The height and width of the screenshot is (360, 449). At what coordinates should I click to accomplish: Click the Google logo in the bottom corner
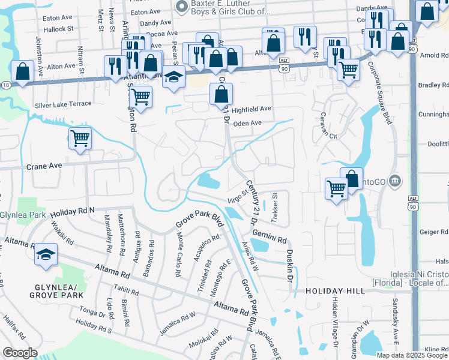[20, 353]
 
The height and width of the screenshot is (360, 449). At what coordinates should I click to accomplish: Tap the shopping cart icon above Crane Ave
[80, 139]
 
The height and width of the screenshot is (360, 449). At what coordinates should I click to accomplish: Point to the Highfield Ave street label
[252, 110]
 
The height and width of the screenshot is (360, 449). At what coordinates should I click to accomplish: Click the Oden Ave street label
[247, 123]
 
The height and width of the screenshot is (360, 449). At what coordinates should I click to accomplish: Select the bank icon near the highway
[394, 180]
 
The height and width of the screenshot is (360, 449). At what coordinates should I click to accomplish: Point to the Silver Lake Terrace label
[63, 104]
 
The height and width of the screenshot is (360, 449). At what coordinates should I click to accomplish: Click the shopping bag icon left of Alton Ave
[22, 71]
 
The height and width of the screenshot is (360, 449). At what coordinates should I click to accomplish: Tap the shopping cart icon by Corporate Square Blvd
[348, 70]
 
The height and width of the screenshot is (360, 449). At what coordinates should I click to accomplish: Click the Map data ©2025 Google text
[412, 355]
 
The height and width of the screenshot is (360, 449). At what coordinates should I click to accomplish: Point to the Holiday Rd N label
[73, 212]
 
